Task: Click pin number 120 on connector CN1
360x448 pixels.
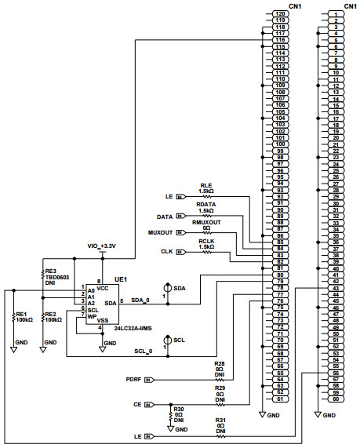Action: click(280, 14)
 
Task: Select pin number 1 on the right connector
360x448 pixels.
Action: click(336, 14)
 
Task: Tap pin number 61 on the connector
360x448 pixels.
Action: click(280, 399)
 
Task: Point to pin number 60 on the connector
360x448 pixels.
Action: click(336, 399)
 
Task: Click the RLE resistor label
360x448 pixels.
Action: click(205, 184)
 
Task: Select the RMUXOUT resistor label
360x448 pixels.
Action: click(207, 222)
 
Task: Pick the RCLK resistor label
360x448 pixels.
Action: click(206, 241)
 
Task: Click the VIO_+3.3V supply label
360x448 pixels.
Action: click(101, 246)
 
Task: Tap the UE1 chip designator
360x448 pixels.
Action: click(120, 279)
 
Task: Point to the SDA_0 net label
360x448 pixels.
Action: click(140, 300)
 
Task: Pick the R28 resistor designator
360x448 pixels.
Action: click(220, 364)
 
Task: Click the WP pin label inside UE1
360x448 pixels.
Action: click(92, 315)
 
